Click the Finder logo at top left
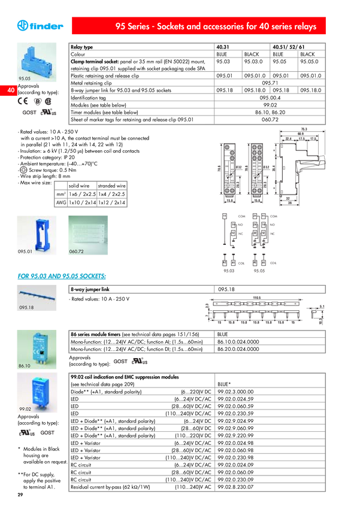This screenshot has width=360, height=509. click(x=40, y=26)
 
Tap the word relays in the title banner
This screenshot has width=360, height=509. click(x=303, y=27)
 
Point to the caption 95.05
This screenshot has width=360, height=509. click(x=25, y=78)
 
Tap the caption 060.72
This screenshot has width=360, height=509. click(x=76, y=252)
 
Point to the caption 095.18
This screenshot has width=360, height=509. click(x=26, y=308)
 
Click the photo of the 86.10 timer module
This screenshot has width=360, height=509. click(x=38, y=346)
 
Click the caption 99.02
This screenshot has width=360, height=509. click(x=25, y=408)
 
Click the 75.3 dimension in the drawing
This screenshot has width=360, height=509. click(x=304, y=129)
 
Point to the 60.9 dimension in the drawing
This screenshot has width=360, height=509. click(x=304, y=134)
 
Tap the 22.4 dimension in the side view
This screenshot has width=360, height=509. click(x=289, y=139)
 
